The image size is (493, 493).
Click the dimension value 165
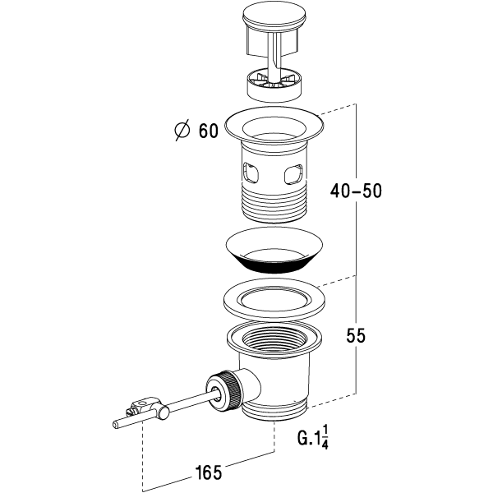tap(209, 472)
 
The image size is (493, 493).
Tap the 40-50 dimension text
tap(356, 191)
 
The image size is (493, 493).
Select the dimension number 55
tap(356, 335)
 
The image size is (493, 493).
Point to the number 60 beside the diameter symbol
tap(208, 130)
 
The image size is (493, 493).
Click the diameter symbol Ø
tap(182, 130)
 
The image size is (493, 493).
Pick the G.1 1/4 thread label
tap(313, 437)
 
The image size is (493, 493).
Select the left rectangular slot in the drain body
tap(250, 173)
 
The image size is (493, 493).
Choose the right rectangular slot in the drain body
tap(293, 174)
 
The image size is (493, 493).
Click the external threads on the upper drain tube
tap(274, 204)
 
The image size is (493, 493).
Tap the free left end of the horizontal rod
tap(115, 425)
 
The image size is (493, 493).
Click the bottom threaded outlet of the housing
tap(274, 410)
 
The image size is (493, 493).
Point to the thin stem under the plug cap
tap(274, 55)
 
